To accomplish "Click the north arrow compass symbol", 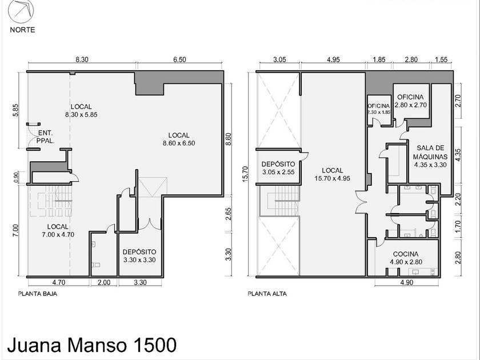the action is (x=21, y=11).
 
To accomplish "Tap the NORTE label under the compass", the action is (x=22, y=30).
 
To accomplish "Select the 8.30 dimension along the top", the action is (x=82, y=59).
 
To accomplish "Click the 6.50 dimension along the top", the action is (x=179, y=59).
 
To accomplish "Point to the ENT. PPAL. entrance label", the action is (x=46, y=137).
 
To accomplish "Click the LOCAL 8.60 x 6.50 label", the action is (x=179, y=139).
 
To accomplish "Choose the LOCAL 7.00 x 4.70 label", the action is (x=58, y=230).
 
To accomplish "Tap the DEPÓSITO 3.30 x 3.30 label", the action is (x=139, y=256).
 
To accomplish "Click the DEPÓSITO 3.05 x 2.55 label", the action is (x=278, y=168).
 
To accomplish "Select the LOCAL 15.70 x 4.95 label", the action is (x=333, y=174).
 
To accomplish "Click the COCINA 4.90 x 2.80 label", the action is (x=406, y=258).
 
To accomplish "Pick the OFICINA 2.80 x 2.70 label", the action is (x=410, y=101).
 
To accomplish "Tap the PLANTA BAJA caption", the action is (x=38, y=294).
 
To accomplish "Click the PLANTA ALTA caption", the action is (x=267, y=294).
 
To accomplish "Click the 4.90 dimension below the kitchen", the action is (x=407, y=282).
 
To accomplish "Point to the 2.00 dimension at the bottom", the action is (x=104, y=282).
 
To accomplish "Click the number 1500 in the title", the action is (x=155, y=345).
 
